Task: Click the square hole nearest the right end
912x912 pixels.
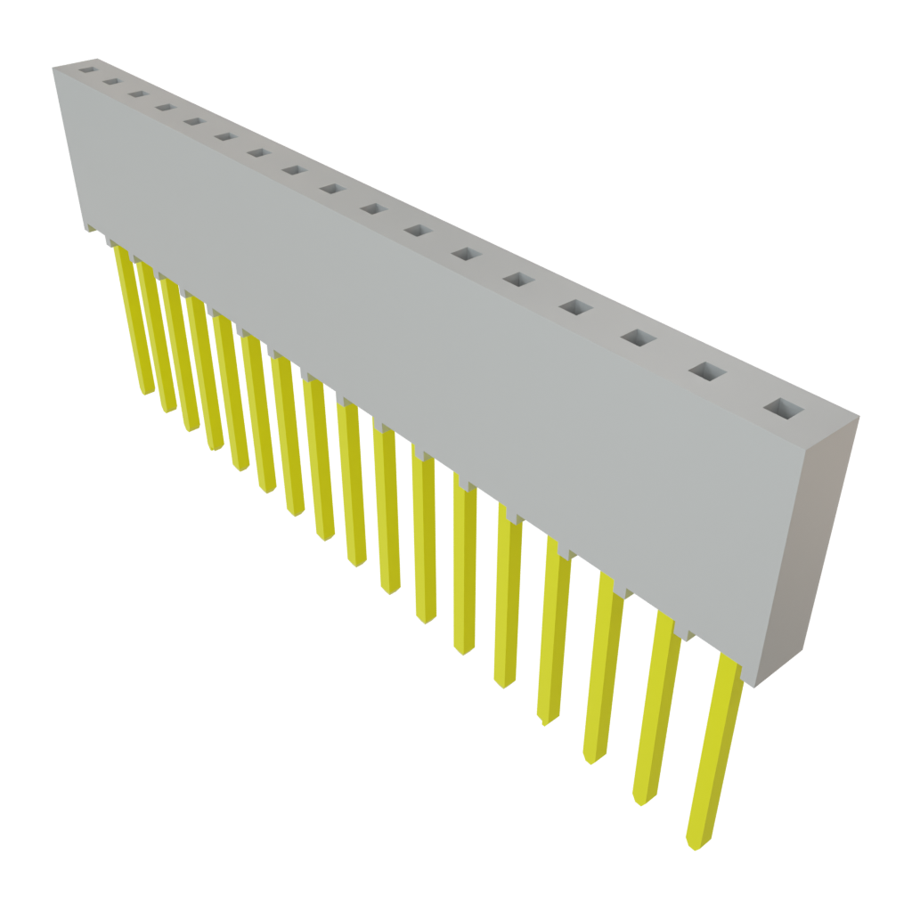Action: [x=782, y=410]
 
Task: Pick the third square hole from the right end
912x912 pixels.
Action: [x=639, y=338]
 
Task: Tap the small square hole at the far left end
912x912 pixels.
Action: [x=87, y=67]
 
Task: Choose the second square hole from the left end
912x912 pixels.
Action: [x=111, y=81]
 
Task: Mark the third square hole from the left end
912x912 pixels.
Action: [x=136, y=93]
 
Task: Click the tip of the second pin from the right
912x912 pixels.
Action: [x=639, y=802]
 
